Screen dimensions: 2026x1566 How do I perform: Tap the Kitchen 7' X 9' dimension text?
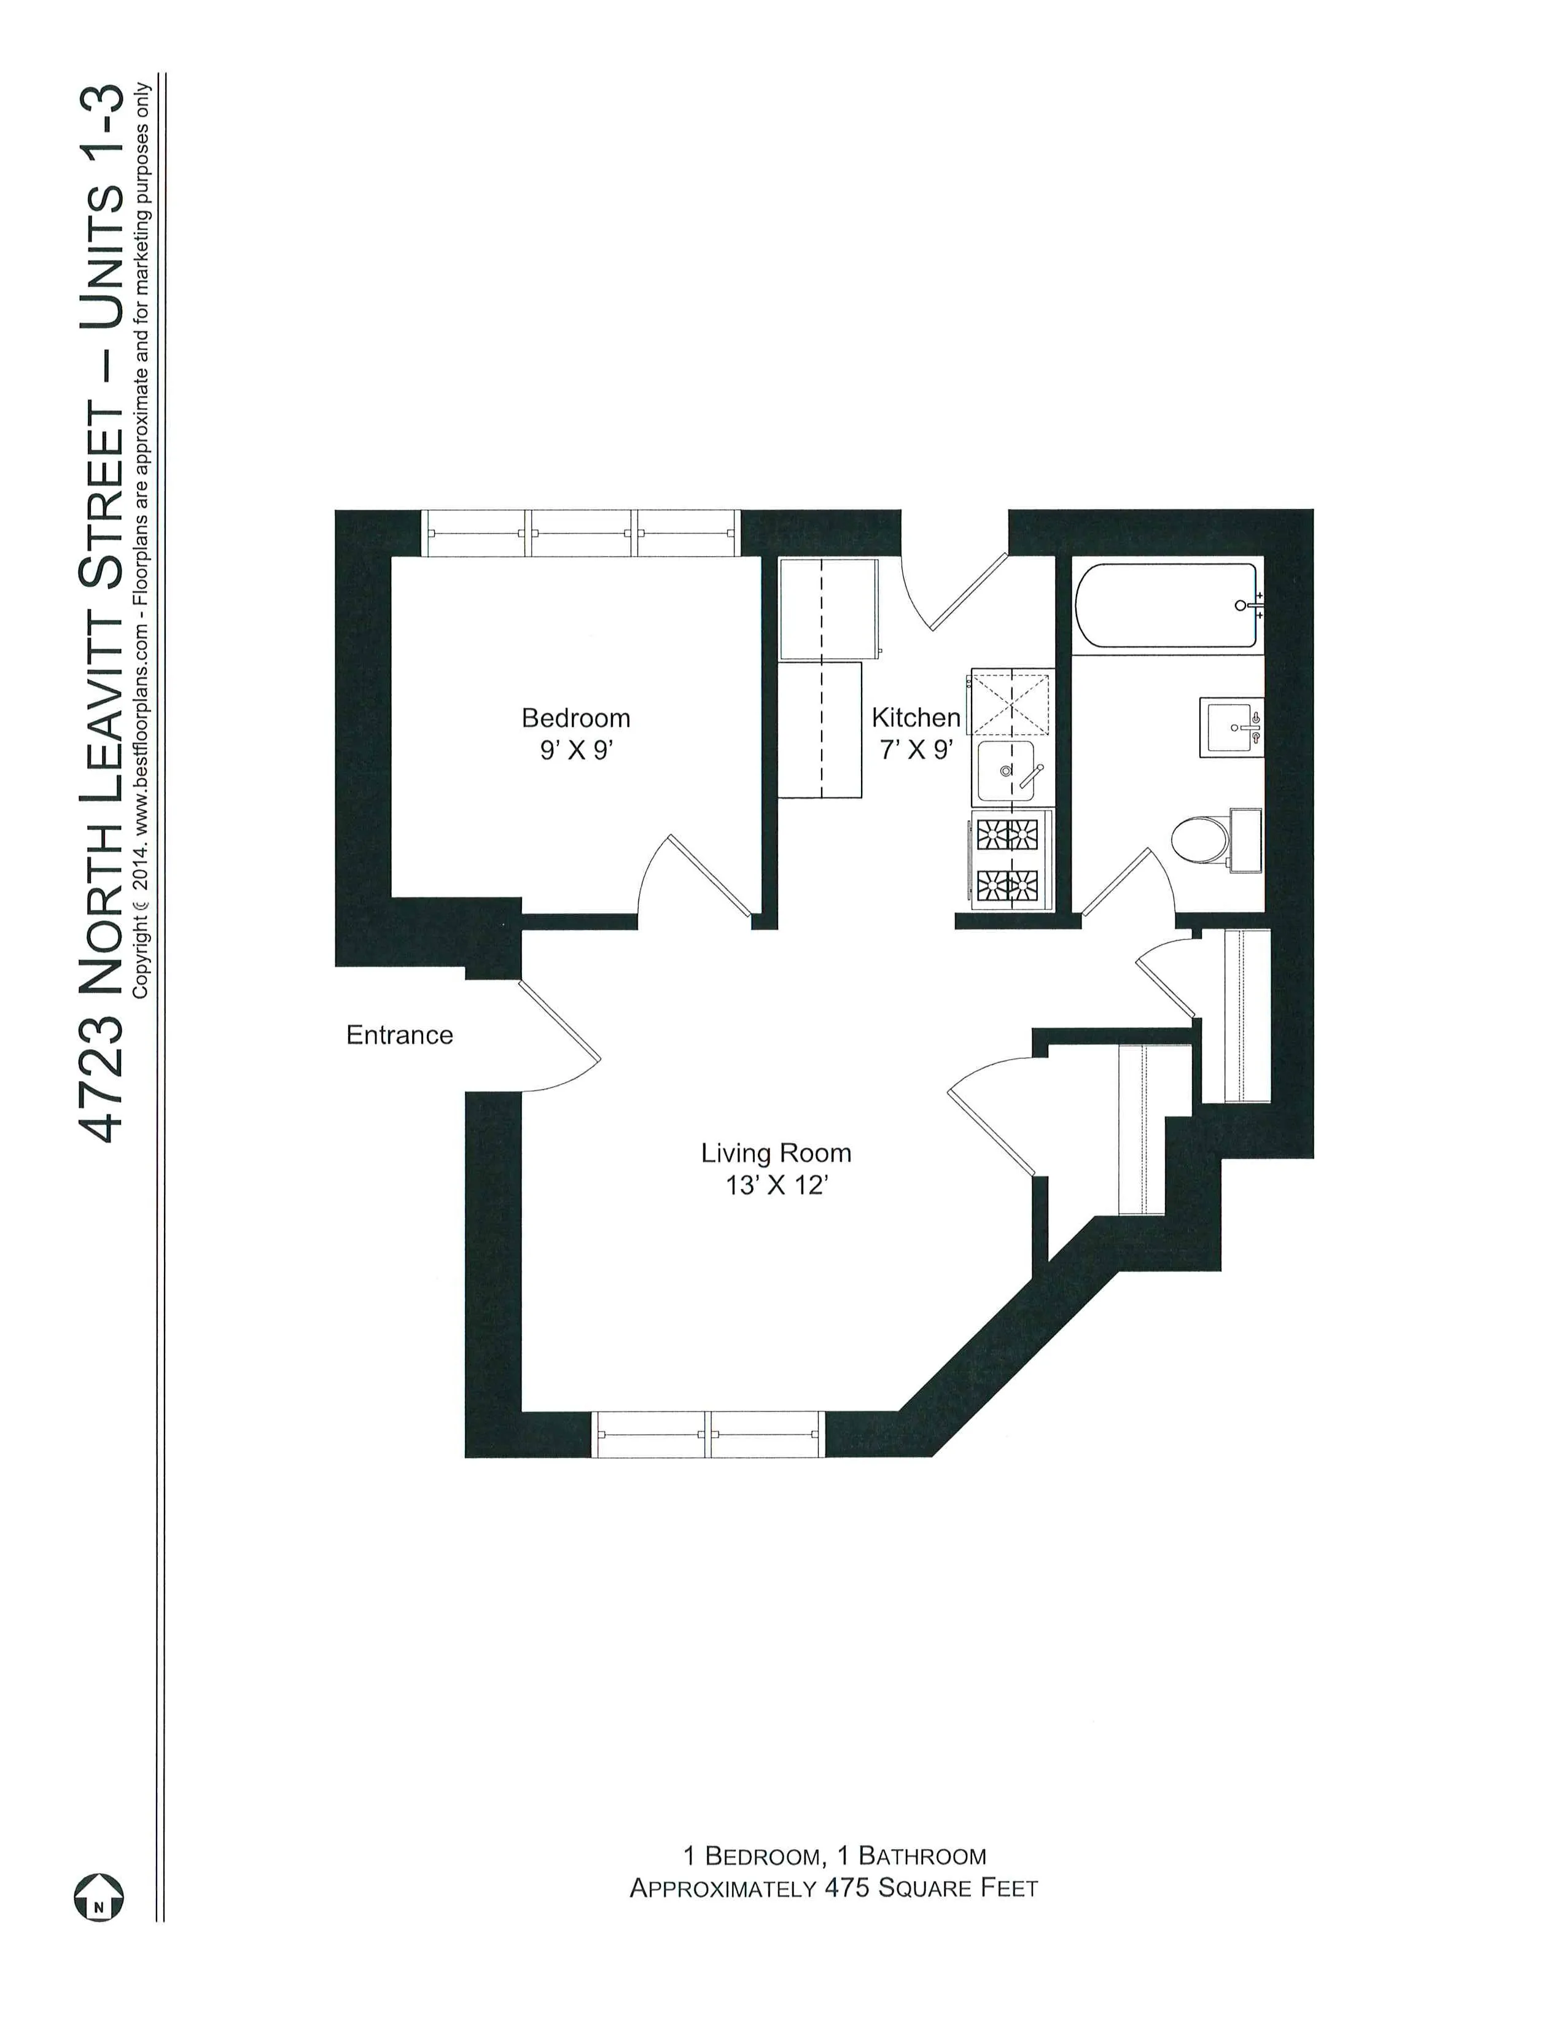coord(916,750)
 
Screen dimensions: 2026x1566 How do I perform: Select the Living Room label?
coord(776,1153)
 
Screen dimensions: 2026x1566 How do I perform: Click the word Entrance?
coord(399,1035)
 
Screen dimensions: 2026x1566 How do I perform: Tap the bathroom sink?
coord(1231,728)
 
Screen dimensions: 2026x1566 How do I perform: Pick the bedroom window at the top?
coord(582,534)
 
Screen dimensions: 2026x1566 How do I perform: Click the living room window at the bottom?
coord(708,1434)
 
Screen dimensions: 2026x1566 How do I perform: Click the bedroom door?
coord(708,875)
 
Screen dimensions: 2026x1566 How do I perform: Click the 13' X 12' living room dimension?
coord(776,1186)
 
